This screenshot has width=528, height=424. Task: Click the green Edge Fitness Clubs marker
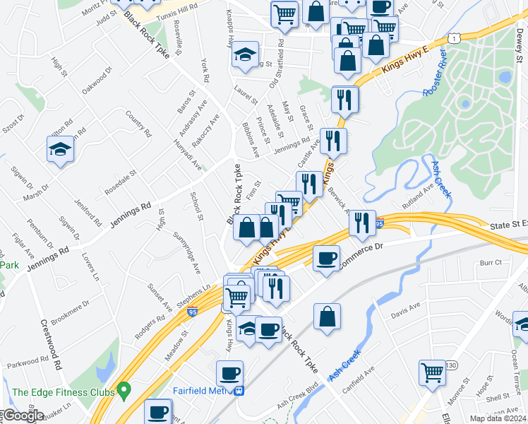pyautogui.click(x=125, y=389)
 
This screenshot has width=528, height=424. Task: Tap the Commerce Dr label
pyautogui.click(x=361, y=256)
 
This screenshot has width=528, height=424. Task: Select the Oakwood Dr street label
pyautogui.click(x=97, y=81)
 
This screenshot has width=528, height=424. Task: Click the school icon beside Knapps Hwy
pyautogui.click(x=245, y=54)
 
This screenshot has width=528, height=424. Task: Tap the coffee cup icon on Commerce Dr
pyautogui.click(x=325, y=258)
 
